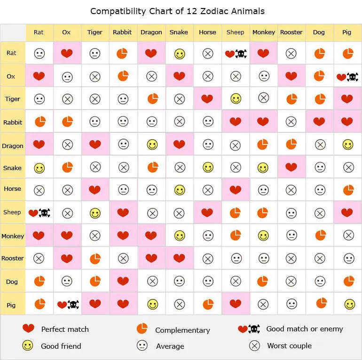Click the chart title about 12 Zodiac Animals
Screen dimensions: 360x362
[177, 11]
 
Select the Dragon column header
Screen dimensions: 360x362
[151, 32]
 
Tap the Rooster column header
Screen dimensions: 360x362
[291, 32]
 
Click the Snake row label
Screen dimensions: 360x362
[12, 168]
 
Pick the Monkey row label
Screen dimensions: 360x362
[13, 236]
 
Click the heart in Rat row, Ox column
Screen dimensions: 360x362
[67, 54]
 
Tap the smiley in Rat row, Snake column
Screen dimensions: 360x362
[179, 54]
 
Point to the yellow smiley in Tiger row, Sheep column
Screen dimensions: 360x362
[236, 99]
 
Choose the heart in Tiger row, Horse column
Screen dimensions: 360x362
[207, 99]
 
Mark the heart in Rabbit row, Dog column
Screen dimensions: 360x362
[319, 122]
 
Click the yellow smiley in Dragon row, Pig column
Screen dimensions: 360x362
[347, 145]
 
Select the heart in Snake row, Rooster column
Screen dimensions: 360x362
[291, 167]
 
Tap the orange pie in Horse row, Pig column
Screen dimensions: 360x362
[348, 190]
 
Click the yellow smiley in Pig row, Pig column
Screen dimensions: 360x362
[349, 305]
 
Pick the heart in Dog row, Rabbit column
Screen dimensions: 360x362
[123, 282]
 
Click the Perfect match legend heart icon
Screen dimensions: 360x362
[28, 329]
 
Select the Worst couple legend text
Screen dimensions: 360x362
[289, 346]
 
